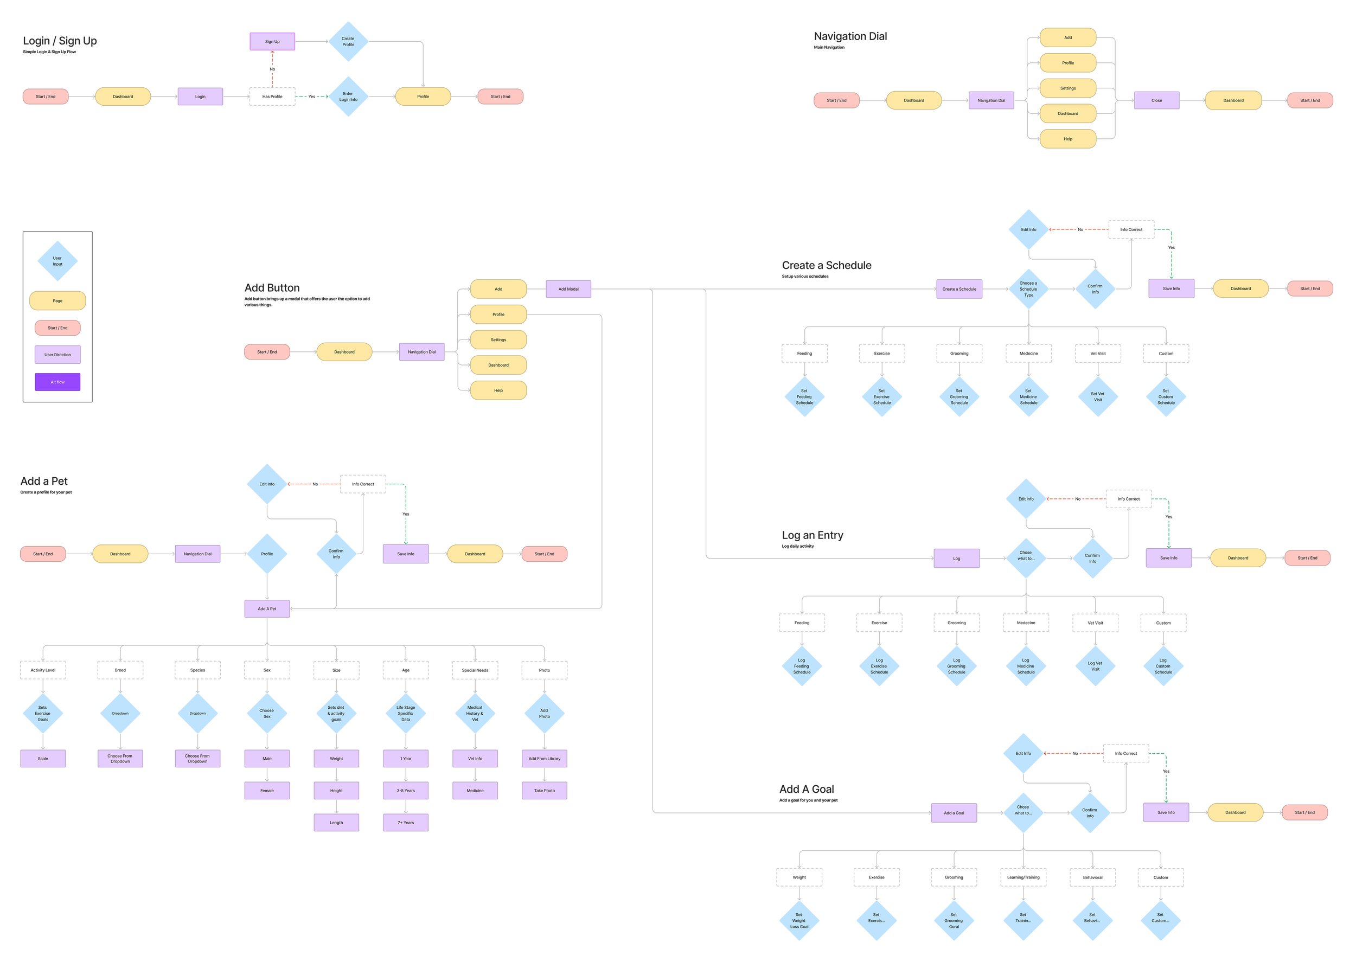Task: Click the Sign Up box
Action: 272,41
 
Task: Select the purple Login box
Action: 200,97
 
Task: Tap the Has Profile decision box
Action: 272,97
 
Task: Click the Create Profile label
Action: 348,41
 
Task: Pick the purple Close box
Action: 1156,100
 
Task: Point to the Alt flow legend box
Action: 57,382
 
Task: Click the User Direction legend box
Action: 57,355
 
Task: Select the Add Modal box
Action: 568,289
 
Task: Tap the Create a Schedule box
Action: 959,289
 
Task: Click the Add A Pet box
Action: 266,608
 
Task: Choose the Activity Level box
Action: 43,670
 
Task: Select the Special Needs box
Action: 475,670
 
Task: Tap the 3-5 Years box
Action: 406,790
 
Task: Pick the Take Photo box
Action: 545,790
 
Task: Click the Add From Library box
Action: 545,758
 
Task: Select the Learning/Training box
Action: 1023,877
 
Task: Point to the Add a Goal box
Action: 954,813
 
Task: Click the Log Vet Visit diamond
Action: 1095,666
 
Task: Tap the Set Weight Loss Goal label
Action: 799,921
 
